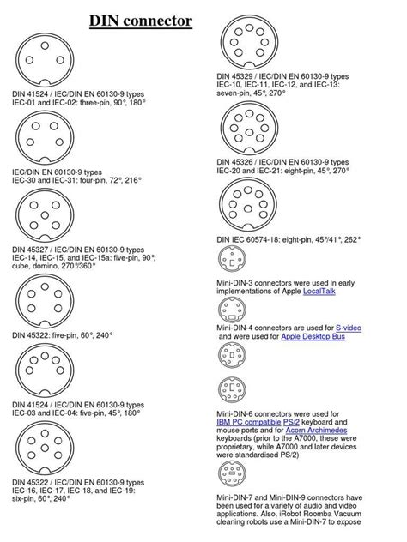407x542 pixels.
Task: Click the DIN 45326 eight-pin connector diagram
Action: (248, 125)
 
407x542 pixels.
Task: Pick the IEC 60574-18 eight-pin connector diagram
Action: (248, 206)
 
